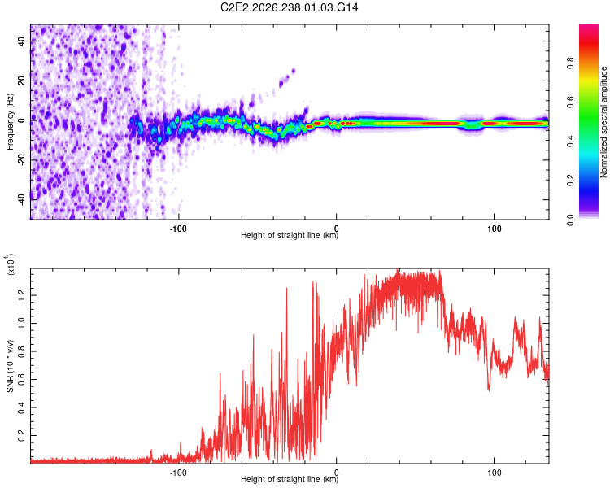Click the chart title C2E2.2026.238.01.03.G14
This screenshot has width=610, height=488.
pyautogui.click(x=289, y=7)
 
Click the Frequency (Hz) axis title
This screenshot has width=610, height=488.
pyautogui.click(x=10, y=122)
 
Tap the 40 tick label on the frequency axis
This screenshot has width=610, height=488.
pyautogui.click(x=22, y=41)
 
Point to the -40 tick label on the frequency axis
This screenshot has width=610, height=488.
pyautogui.click(x=22, y=199)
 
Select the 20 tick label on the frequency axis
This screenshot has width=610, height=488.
pyautogui.click(x=22, y=81)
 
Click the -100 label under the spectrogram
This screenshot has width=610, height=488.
pyautogui.click(x=178, y=229)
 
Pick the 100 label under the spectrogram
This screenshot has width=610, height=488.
pyautogui.click(x=494, y=229)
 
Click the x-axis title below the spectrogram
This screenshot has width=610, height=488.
pyautogui.click(x=290, y=235)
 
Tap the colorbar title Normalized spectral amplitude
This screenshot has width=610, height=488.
pyautogui.click(x=603, y=122)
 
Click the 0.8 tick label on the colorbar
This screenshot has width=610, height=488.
pyautogui.click(x=571, y=63)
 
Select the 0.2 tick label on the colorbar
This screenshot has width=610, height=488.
pyautogui.click(x=571, y=181)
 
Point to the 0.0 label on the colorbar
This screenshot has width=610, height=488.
pyautogui.click(x=571, y=220)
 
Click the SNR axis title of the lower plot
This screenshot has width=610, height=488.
pyautogui.click(x=10, y=366)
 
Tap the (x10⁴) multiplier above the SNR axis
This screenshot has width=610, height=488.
pyautogui.click(x=11, y=264)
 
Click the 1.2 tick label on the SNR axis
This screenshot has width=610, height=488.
pyautogui.click(x=22, y=295)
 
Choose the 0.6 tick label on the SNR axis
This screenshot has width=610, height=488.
pyautogui.click(x=22, y=380)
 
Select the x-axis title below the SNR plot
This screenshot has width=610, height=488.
pyautogui.click(x=290, y=479)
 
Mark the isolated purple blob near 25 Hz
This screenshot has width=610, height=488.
pyautogui.click(x=293, y=71)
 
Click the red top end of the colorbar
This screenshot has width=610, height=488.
pyautogui.click(x=589, y=27)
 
